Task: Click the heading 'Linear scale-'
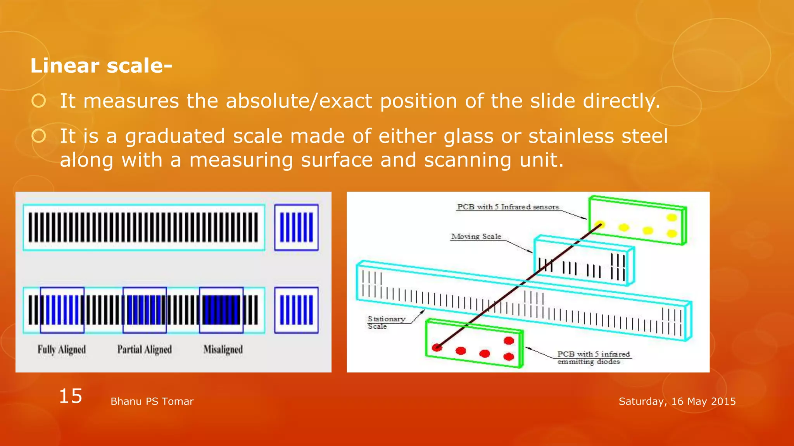coord(101,65)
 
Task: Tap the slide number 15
coord(71,396)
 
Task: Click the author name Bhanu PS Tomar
coord(152,401)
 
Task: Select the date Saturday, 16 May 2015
coord(677,401)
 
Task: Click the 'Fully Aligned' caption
coord(62,350)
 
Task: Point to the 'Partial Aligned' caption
coord(144,350)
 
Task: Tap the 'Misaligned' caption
coord(223,350)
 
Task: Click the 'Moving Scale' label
coord(476,237)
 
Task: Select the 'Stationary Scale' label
coord(386,322)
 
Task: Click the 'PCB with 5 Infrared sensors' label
coord(508,207)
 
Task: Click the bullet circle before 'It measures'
coord(39,101)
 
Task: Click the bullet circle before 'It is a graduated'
coord(39,136)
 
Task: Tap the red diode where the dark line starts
coord(437,347)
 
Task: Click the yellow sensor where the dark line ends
coord(599,225)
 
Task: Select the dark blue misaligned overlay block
coord(221,310)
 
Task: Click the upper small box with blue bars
coord(297,228)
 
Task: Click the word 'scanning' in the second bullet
coord(468,160)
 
